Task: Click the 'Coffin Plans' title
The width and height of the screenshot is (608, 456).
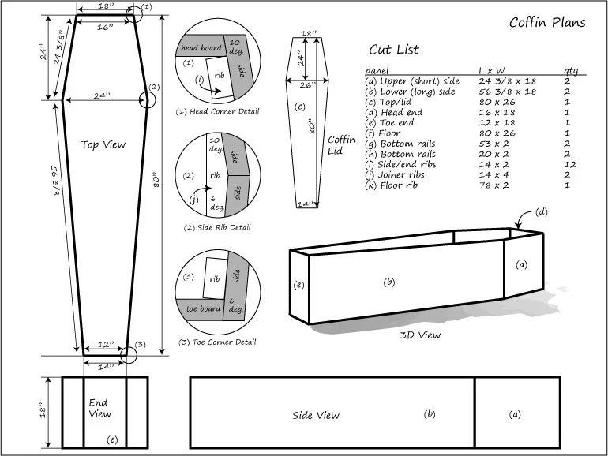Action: pos(547,22)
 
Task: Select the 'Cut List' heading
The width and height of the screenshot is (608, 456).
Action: pos(394,50)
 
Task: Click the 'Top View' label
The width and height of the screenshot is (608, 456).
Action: pos(103,144)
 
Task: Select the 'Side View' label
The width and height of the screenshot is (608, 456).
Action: pos(316,415)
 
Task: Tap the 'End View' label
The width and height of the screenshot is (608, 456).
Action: pos(100,408)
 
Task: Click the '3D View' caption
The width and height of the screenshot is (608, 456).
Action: pos(421,335)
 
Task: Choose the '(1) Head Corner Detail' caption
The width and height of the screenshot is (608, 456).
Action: pos(217,111)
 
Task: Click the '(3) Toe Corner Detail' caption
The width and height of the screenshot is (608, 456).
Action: pos(217,342)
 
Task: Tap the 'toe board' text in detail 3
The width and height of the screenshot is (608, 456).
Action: pos(201,308)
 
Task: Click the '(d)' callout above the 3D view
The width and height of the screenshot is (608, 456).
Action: pos(541,211)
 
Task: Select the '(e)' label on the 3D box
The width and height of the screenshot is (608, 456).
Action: pos(298,284)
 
